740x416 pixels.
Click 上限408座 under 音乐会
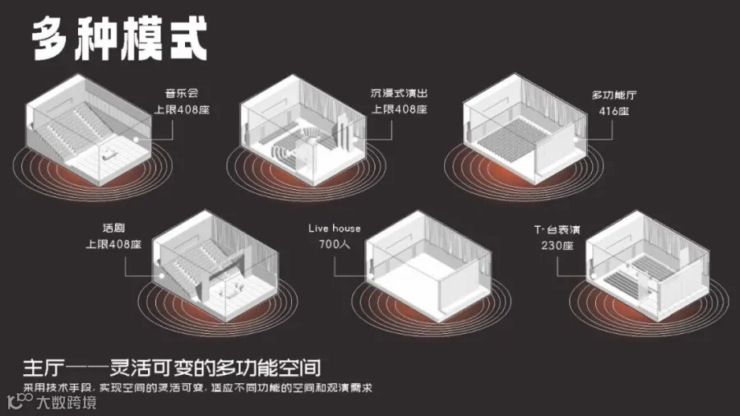click(x=183, y=109)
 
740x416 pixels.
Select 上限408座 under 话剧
click(x=113, y=244)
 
